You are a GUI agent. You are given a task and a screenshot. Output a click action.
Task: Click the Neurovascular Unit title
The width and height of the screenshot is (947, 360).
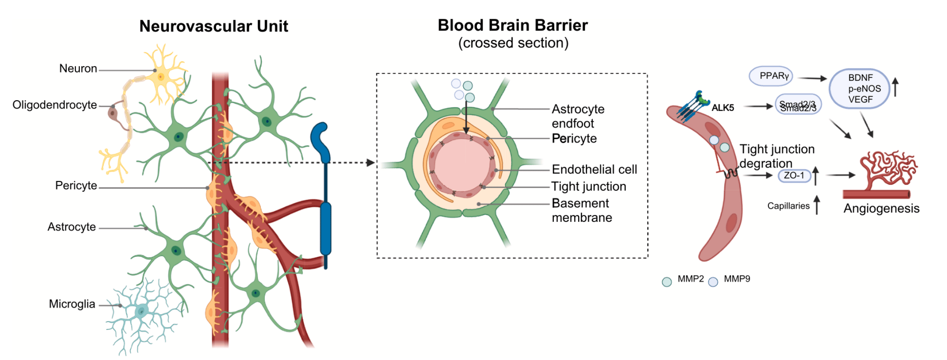[x=214, y=26]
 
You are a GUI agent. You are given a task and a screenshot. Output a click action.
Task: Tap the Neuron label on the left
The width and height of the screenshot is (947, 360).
[x=78, y=69]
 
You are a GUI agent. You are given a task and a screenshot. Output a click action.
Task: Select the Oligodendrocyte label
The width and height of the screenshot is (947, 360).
[x=55, y=105]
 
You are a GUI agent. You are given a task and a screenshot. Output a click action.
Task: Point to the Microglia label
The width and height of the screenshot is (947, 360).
[x=72, y=304]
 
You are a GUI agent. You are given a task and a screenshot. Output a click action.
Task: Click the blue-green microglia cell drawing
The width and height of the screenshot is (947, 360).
[x=142, y=311]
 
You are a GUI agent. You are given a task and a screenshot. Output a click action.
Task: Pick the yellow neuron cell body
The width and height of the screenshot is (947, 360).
[x=161, y=76]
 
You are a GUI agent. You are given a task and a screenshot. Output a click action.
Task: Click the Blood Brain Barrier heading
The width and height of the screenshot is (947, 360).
[x=512, y=25]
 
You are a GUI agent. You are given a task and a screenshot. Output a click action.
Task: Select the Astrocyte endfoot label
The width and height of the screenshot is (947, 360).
[x=578, y=116]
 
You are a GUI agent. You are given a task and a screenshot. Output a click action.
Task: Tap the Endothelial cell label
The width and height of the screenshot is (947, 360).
[x=594, y=170]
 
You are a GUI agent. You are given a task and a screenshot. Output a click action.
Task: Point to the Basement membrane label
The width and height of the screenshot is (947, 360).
[x=582, y=211]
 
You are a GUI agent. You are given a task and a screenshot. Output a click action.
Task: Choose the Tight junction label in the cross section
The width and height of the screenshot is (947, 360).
[x=588, y=186]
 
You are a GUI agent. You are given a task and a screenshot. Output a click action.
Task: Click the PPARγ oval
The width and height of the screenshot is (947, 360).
[x=773, y=76]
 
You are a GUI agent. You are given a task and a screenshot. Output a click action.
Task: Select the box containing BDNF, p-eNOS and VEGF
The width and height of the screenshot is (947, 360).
[x=860, y=89]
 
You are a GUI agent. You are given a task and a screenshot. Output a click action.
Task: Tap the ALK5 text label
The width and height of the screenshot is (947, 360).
[x=723, y=108]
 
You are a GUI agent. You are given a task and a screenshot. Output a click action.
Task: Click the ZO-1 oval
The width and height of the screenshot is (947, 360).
[x=794, y=176]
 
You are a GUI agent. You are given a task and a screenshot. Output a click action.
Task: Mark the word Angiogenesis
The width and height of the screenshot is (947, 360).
[x=881, y=209]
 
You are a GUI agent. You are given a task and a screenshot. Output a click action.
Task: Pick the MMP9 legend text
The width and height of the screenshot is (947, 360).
[x=737, y=279]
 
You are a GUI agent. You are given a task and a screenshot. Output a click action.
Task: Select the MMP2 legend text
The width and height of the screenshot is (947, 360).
[x=691, y=279]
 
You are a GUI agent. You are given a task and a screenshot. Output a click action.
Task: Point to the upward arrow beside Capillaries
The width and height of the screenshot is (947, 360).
[x=817, y=205]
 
